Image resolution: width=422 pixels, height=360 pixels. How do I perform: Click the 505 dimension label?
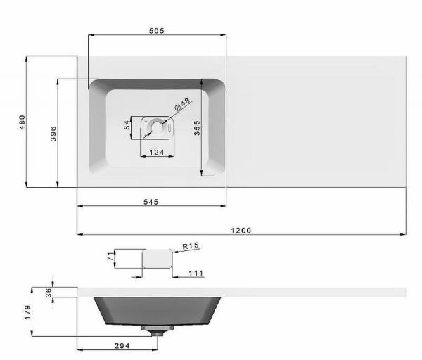coord(157,31)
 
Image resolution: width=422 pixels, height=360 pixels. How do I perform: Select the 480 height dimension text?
coord(23,122)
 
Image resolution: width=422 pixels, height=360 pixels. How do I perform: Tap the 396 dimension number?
coord(53,134)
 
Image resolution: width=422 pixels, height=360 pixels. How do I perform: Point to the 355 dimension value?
coord(197,128)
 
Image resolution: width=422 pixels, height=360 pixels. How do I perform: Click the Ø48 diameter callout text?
coord(182,105)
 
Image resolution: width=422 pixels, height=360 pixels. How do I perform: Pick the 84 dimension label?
coord(127,125)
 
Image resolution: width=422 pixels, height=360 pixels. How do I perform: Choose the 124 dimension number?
coord(157,153)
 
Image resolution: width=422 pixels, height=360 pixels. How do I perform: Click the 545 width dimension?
coord(151,202)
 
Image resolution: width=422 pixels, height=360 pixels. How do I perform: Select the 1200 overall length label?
coord(241,231)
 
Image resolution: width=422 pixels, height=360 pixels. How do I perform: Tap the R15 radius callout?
coord(191,245)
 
